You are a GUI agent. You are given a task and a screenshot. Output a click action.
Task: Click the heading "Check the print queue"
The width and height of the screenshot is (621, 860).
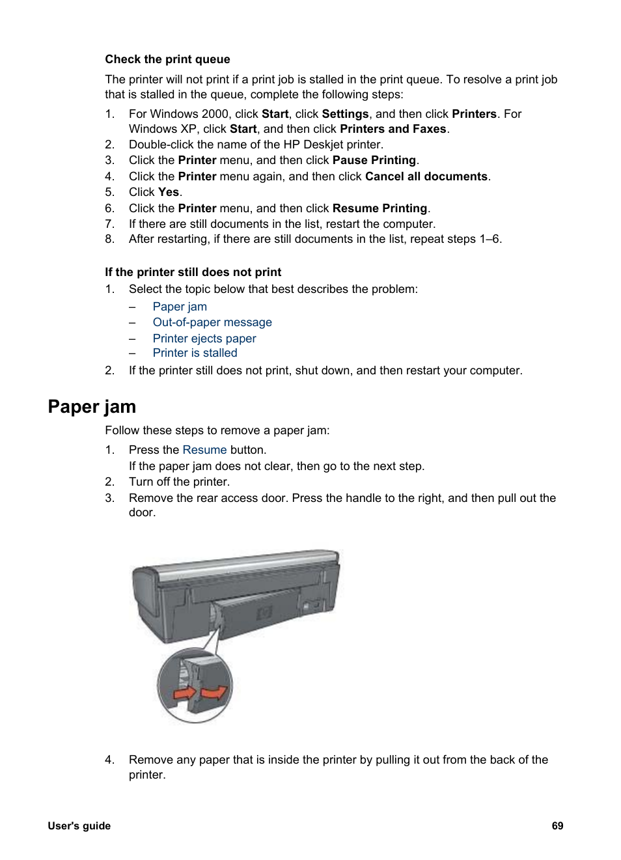coord(167,59)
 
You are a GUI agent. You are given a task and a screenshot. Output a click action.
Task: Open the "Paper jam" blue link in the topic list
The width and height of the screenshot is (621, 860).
coord(180,307)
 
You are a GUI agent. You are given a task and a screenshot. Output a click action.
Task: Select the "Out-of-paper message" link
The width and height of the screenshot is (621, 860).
coord(212,322)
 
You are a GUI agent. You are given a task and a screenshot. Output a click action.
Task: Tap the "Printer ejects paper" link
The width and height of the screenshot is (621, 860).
coord(204,339)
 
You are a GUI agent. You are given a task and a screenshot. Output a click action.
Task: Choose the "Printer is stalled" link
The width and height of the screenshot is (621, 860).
coord(195,353)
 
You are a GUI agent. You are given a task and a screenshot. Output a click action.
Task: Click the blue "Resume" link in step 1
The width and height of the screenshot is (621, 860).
coord(204,450)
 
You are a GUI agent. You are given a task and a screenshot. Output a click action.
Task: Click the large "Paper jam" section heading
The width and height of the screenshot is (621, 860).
coord(92,407)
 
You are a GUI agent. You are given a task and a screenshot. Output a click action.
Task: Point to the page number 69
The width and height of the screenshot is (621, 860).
coord(557,825)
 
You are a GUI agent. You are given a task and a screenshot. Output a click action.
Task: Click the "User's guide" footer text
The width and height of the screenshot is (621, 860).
coord(79,825)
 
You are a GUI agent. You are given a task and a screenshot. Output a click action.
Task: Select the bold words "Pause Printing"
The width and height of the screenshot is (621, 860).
coord(374,160)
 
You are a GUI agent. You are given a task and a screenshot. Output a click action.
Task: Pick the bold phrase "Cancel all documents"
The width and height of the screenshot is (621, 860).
coord(426,176)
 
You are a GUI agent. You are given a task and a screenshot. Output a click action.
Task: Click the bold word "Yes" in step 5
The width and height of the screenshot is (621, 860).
coord(168,192)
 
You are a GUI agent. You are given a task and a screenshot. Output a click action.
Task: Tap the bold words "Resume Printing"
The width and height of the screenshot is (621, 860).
coord(379,208)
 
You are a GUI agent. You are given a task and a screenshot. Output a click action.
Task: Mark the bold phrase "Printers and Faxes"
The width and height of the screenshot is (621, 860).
coord(393,129)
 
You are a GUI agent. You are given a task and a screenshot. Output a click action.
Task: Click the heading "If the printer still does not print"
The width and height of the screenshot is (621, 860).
coord(193,272)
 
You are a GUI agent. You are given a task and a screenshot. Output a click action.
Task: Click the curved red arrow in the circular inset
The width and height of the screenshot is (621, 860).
coord(214,691)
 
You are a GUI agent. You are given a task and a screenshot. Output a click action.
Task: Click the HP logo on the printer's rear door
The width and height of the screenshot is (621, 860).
coord(264,613)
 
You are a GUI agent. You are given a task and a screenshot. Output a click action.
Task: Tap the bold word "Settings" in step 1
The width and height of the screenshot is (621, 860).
coord(345,114)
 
